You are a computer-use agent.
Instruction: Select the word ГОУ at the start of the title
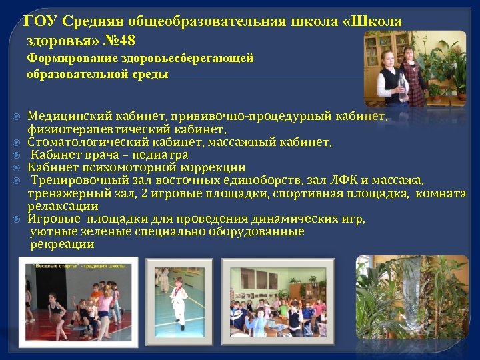[39, 21]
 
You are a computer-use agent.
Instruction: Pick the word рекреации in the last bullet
[62, 245]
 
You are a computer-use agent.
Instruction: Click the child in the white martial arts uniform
[178, 300]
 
